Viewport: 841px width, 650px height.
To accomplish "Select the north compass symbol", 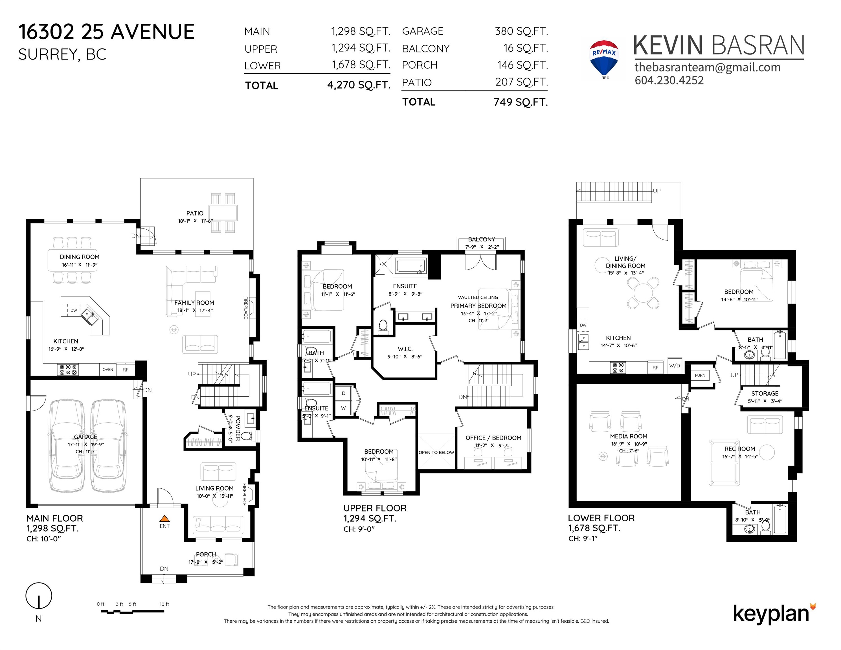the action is point(38,596).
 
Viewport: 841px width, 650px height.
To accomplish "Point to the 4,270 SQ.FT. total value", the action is point(359,85).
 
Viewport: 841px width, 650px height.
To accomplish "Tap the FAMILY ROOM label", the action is point(194,303).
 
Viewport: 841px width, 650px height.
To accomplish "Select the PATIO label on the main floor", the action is point(195,213).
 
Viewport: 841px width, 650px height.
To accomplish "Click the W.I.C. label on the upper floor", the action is point(405,349).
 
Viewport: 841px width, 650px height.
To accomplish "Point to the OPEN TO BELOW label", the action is point(436,453).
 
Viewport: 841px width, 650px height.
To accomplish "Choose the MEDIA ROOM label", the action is point(629,436).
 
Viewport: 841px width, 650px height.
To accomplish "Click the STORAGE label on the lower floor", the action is point(765,394).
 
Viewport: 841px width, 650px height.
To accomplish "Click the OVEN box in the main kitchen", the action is point(108,370).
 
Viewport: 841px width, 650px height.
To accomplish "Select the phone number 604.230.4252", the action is point(669,80).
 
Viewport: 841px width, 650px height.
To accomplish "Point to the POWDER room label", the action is point(238,428).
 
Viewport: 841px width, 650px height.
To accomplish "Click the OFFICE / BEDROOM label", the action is point(493,438).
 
